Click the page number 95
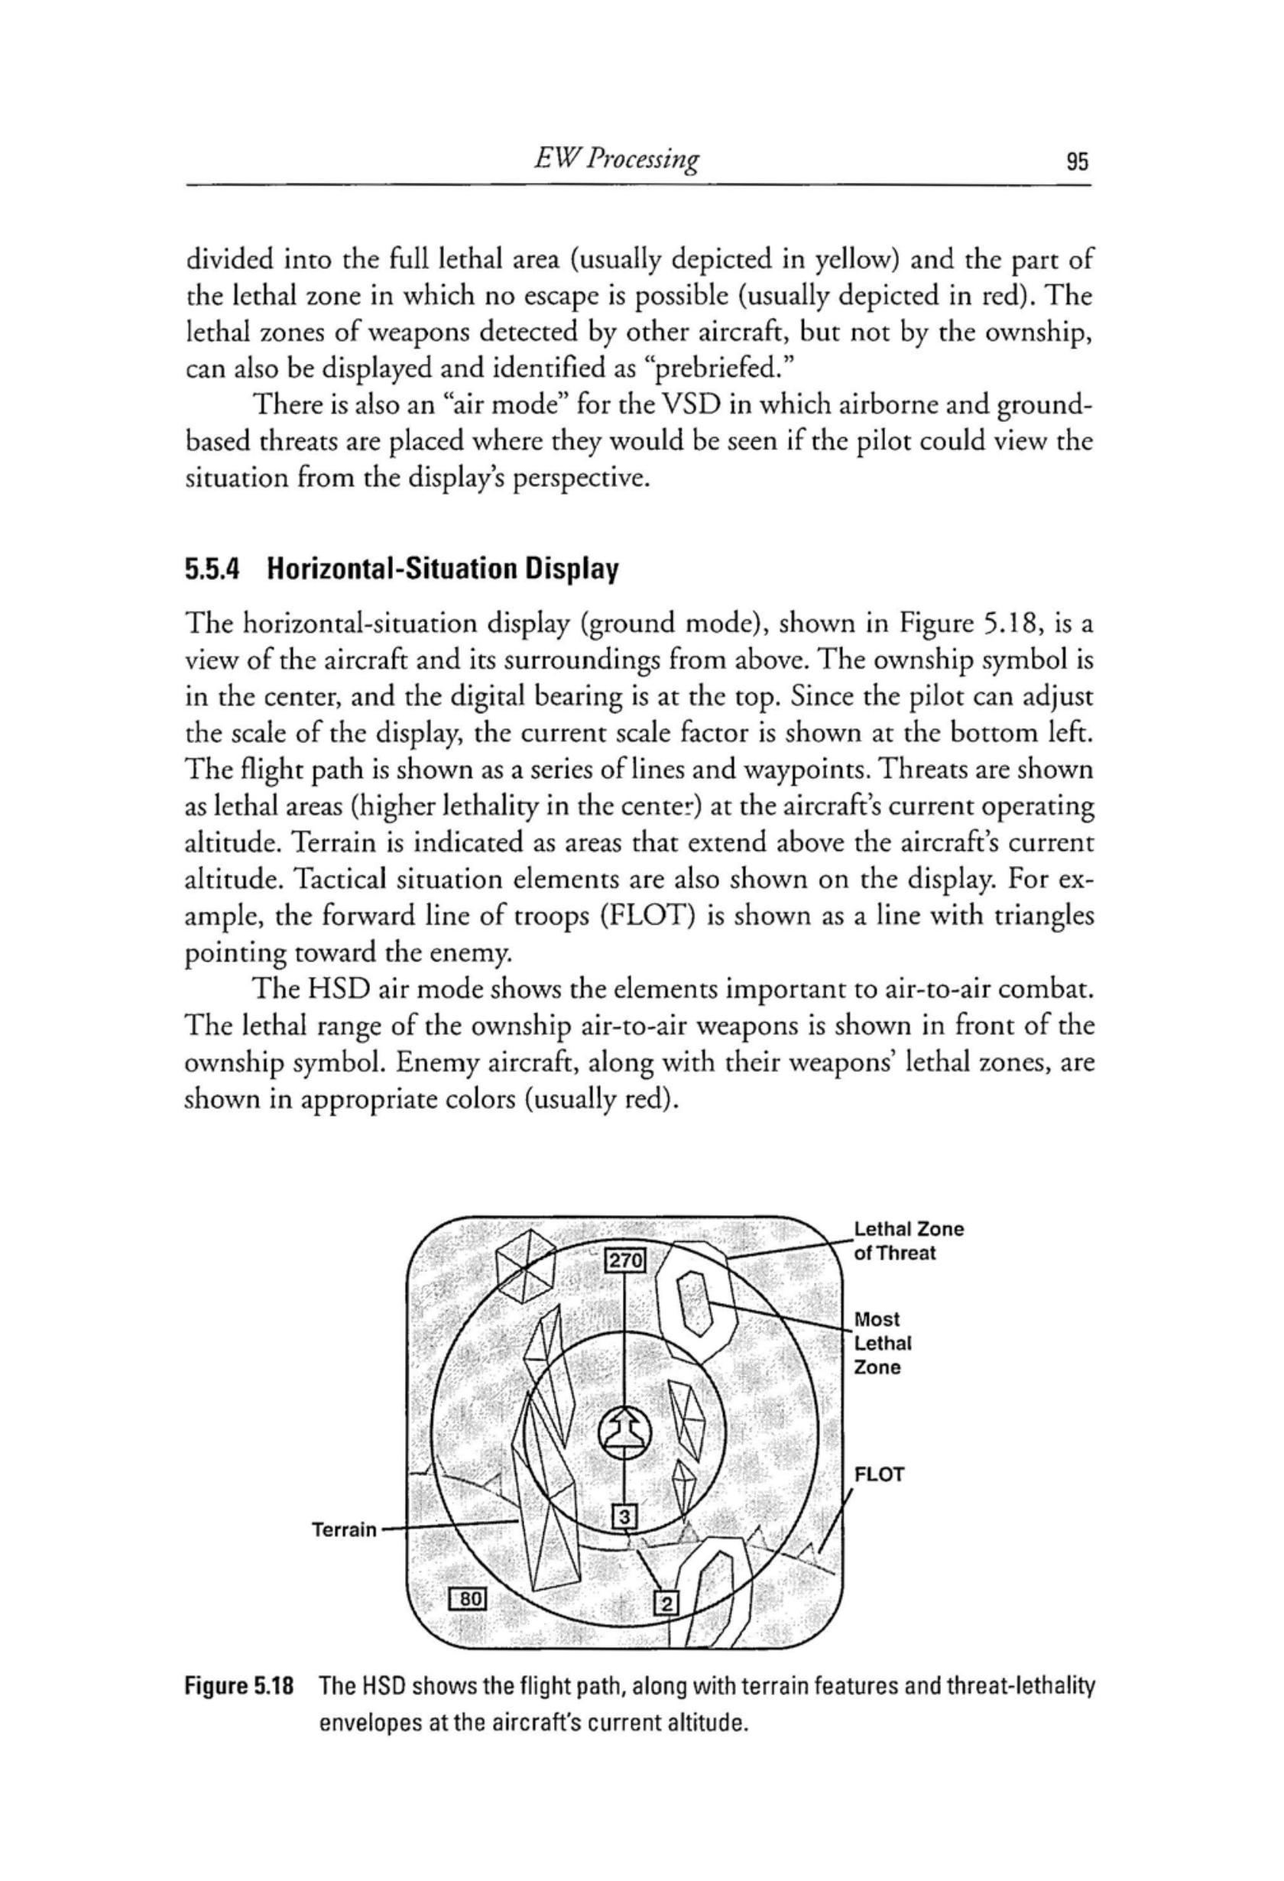pyautogui.click(x=1077, y=163)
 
